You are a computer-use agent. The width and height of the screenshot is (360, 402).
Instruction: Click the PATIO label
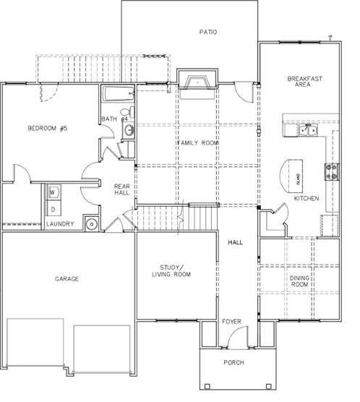[x=208, y=32]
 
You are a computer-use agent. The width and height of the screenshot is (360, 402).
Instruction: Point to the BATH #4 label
[x=114, y=119]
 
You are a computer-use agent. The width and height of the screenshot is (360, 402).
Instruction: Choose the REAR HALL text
[x=122, y=189]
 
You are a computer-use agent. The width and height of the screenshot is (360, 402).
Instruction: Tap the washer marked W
[x=53, y=193]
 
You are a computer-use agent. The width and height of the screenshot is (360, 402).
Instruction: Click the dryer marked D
[x=53, y=209]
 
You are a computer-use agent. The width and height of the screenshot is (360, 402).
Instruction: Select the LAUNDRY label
[x=60, y=224]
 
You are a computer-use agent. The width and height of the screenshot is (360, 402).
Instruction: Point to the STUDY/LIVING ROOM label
[x=171, y=270]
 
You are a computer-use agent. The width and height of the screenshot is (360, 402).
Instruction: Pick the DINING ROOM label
[x=299, y=281]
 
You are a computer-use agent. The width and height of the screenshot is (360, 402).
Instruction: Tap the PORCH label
[x=233, y=362]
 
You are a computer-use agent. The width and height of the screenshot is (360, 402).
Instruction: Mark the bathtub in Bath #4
[x=116, y=94]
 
